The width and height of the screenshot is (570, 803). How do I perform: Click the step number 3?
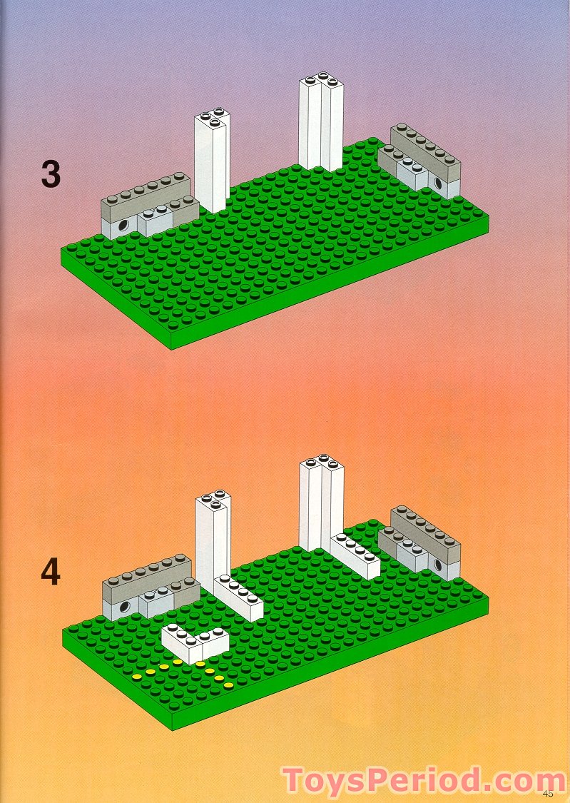50,174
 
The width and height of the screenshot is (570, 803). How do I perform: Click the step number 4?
50,573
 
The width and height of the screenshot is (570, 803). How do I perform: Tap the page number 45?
548,793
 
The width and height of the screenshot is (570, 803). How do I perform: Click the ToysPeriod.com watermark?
424,781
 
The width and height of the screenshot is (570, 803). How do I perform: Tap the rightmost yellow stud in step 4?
228,686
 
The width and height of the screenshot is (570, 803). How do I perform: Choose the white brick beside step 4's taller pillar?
355,555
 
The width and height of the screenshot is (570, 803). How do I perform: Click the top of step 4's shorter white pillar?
213,498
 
